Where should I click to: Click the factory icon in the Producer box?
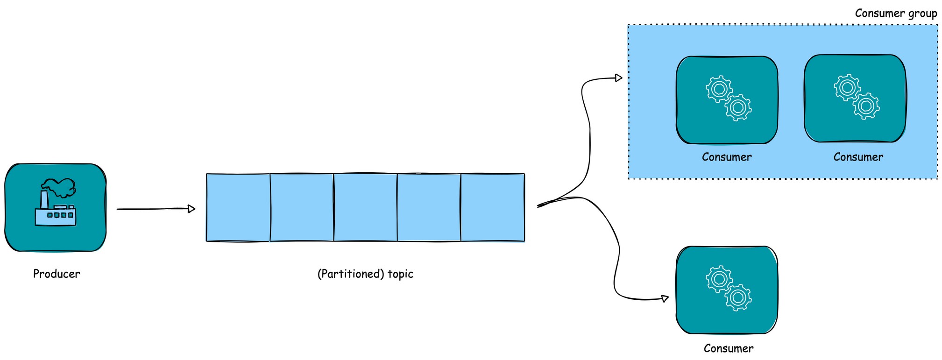[56, 203]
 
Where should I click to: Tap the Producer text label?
[57, 274]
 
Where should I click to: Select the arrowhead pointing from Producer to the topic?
[191, 209]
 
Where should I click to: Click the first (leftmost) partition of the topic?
[238, 208]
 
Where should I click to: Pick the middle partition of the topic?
[365, 208]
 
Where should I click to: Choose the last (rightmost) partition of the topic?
[493, 208]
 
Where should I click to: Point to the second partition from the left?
[302, 208]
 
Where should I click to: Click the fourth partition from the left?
[429, 208]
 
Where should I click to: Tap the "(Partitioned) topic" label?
[365, 274]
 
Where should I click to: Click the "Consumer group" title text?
[896, 13]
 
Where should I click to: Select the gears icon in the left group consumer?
[728, 98]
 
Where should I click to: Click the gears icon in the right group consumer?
[857, 96]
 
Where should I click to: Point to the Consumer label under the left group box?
[727, 157]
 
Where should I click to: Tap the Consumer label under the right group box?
[858, 157]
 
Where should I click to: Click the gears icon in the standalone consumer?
[728, 288]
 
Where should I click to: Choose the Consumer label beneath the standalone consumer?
[728, 348]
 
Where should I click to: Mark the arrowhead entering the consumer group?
[619, 78]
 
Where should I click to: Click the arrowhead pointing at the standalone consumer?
[665, 298]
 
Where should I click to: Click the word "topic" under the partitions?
[400, 274]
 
